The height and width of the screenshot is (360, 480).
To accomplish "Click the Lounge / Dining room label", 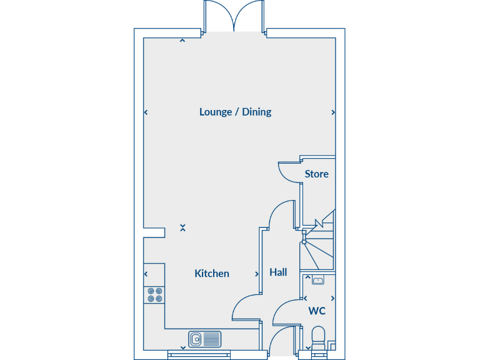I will [x=235, y=112].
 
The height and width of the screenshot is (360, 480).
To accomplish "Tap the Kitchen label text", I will [x=212, y=273].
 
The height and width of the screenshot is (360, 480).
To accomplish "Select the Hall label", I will [x=278, y=272].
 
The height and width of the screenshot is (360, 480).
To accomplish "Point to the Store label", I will [x=316, y=174].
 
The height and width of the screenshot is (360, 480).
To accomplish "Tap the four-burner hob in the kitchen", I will [x=154, y=295].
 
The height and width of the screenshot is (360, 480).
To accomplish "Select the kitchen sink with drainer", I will [x=204, y=339].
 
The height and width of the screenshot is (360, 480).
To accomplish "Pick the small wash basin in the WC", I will [x=317, y=281].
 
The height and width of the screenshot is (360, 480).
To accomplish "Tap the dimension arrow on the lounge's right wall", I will [x=333, y=112].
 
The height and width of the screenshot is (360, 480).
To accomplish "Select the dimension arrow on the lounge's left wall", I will [x=146, y=112].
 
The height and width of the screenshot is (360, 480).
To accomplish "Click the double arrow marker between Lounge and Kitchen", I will [x=182, y=228].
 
